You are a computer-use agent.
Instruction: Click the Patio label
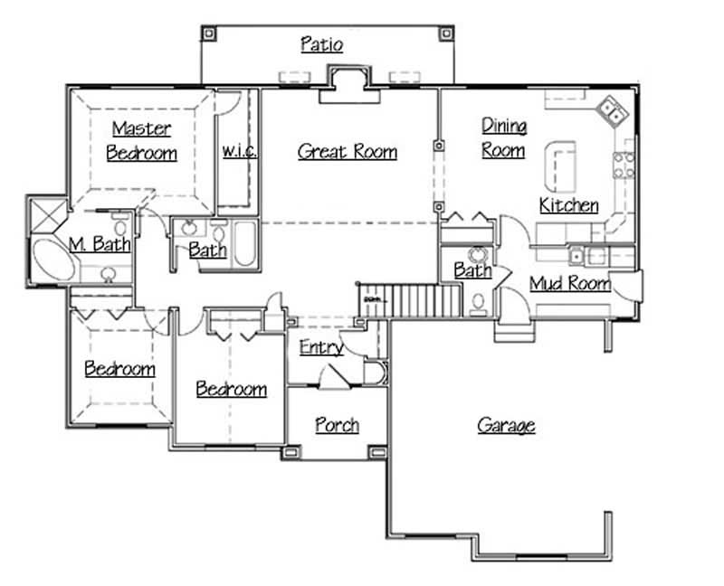(321, 45)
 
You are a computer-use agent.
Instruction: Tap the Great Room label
(348, 152)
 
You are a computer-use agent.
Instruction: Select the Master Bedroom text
(141, 140)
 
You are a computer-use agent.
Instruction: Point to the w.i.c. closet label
(239, 152)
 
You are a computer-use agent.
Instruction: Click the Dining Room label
(503, 137)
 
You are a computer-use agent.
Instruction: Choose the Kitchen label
(568, 205)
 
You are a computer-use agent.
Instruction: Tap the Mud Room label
(569, 284)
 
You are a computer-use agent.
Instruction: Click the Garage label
(506, 425)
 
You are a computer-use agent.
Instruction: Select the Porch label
(337, 425)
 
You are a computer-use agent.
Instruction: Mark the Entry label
(320, 347)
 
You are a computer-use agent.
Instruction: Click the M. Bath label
(100, 244)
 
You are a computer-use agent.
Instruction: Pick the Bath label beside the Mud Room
(472, 270)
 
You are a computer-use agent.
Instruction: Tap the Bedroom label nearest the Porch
(232, 390)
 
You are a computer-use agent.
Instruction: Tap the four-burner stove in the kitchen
(624, 165)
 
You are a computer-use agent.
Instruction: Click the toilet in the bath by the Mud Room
(478, 302)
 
